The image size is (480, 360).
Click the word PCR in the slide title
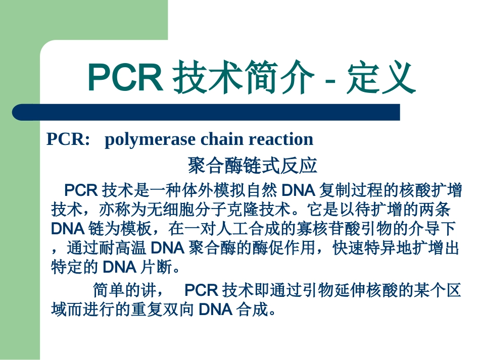pyautogui.click(x=124, y=78)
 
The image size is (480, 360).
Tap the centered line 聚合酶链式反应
pyautogui.click(x=252, y=165)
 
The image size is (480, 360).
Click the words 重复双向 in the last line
pyautogui.click(x=163, y=309)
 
